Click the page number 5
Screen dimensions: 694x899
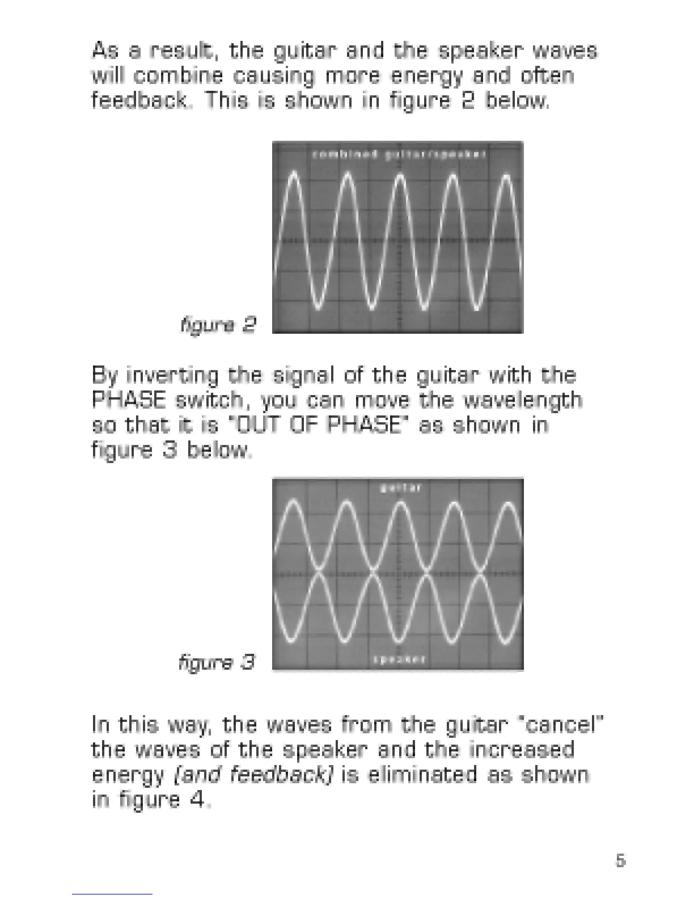pyautogui.click(x=620, y=860)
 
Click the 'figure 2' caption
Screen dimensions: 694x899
pyautogui.click(x=218, y=325)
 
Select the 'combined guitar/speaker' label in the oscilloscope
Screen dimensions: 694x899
pyautogui.click(x=399, y=154)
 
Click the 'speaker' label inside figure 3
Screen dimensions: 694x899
pyautogui.click(x=399, y=659)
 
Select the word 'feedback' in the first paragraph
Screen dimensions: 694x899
pyautogui.click(x=139, y=100)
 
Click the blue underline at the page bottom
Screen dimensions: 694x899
pyautogui.click(x=112, y=894)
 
